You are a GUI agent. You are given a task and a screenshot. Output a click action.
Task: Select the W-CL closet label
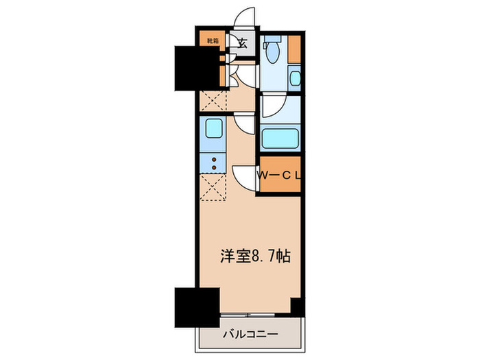[x=280, y=176]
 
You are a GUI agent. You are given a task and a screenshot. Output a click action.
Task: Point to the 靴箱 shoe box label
[x=213, y=40]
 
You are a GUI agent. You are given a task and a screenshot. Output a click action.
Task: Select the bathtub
[x=279, y=140]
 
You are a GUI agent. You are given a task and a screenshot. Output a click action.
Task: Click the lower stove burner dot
[x=213, y=167]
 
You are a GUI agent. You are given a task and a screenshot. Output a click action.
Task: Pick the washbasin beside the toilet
[x=295, y=79]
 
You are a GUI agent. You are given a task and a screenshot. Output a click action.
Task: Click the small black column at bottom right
[x=297, y=307]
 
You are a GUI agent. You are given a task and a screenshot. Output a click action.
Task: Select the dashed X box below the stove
[x=213, y=187]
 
